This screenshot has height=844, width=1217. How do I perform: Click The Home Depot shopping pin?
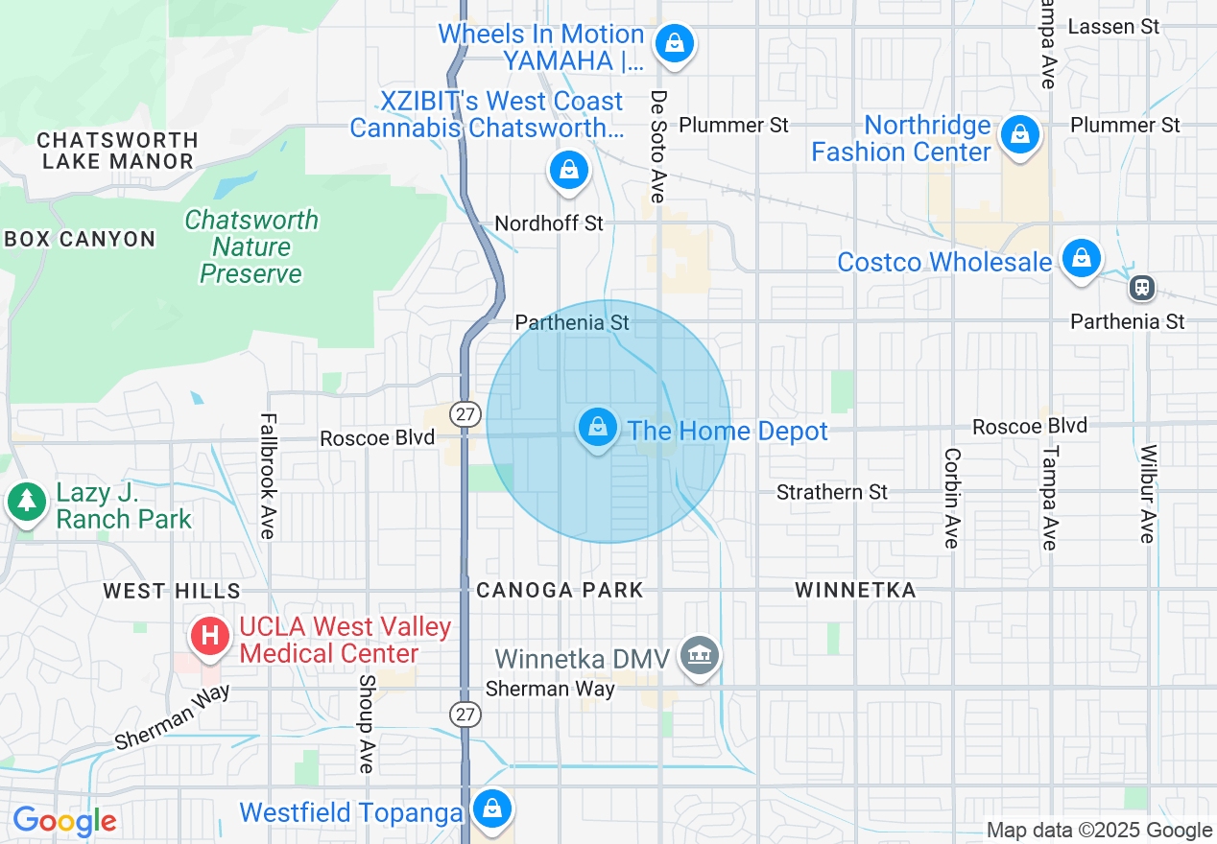click(598, 427)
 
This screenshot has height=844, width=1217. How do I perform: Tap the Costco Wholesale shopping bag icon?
click(1081, 258)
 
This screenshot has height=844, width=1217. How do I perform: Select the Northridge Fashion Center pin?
click(1019, 135)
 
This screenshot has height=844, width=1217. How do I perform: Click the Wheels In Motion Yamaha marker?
click(675, 43)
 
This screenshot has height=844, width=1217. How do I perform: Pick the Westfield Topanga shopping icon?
click(492, 809)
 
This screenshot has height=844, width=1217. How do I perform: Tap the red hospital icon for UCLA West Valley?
click(210, 636)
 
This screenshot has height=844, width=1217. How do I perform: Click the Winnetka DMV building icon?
click(700, 656)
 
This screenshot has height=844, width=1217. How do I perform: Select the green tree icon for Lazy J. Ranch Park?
click(27, 502)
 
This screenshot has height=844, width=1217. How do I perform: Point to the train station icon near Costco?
click(1141, 286)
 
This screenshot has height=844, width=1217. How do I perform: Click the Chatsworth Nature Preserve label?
click(251, 247)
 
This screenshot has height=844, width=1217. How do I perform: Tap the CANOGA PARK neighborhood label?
click(560, 590)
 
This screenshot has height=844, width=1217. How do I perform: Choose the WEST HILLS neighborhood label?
click(172, 591)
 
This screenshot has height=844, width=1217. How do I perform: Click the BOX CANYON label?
click(80, 239)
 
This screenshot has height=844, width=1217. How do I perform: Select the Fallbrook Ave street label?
click(268, 476)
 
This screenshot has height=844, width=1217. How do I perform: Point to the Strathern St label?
click(832, 492)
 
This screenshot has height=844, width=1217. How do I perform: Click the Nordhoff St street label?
click(549, 223)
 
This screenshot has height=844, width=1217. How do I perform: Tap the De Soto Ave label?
click(657, 146)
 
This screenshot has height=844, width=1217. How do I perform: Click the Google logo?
click(64, 821)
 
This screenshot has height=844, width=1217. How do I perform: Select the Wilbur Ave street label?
click(1146, 493)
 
